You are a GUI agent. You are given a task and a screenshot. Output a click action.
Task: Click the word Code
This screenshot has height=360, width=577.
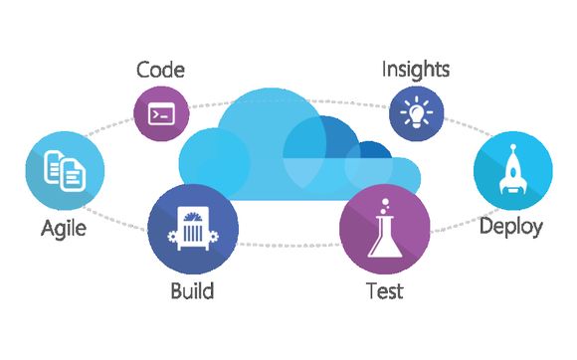tap(159, 71)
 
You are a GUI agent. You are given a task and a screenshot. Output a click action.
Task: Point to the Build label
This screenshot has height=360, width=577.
tap(191, 291)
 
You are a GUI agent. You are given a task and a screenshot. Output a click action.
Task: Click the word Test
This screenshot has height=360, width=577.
tap(384, 291)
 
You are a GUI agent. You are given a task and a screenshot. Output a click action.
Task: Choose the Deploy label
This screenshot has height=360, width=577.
tap(510, 227)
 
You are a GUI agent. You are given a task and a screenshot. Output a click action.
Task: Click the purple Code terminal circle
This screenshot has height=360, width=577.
tap(160, 113)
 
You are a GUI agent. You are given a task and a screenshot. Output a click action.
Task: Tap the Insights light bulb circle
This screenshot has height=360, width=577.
tap(416, 112)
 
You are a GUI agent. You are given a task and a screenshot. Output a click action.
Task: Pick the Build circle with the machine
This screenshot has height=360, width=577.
tap(193, 230)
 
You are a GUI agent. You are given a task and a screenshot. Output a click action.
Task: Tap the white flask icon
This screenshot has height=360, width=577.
tap(383, 231)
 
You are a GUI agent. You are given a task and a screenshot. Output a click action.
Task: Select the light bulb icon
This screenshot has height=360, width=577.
tap(416, 112)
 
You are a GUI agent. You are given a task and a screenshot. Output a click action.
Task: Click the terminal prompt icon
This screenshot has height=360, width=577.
tap(160, 113)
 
